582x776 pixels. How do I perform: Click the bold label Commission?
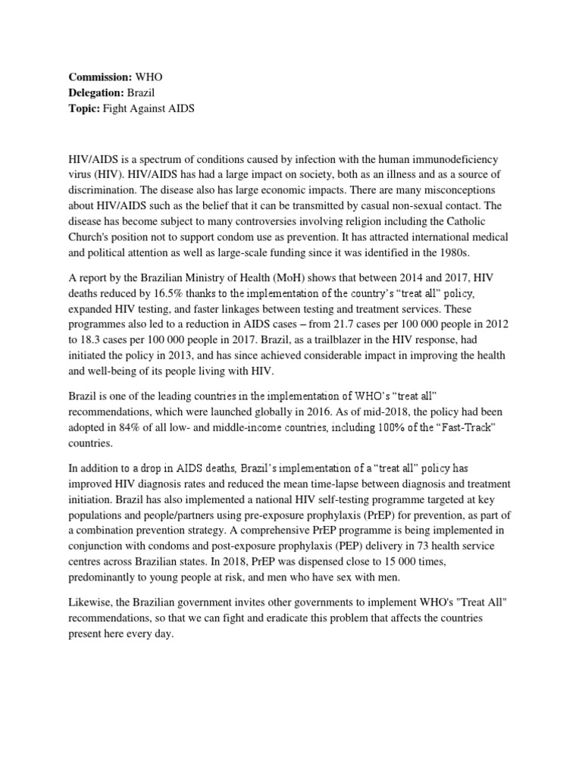coord(100,77)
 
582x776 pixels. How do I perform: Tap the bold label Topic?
coord(86,108)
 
